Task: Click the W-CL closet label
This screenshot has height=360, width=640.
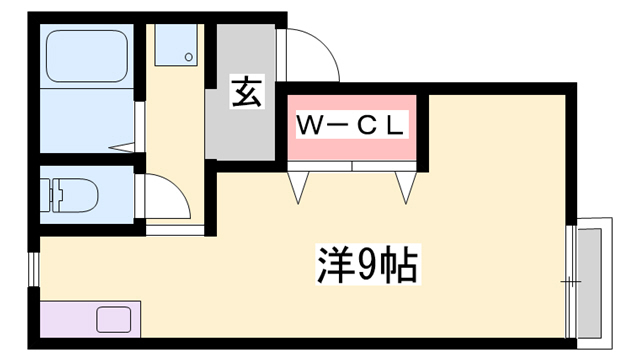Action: click(x=352, y=125)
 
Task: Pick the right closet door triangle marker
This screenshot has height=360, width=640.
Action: click(x=407, y=187)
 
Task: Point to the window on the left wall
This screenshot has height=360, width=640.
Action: click(x=34, y=270)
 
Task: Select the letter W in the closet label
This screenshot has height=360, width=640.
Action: click(x=309, y=125)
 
